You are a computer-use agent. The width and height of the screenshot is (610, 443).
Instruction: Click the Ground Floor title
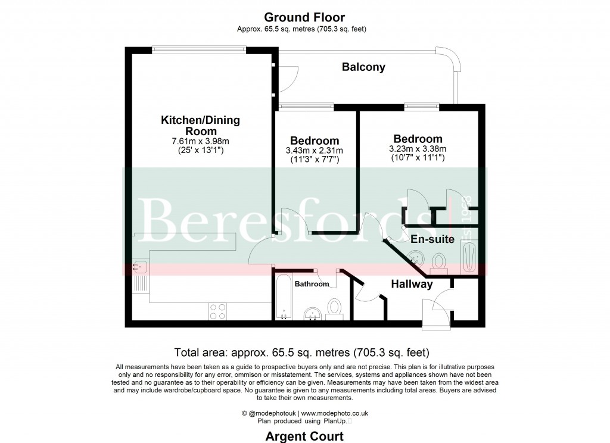point(304,17)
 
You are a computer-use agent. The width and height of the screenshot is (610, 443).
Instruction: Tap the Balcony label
point(363,67)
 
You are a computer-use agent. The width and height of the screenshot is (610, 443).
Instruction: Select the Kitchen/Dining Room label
point(200,126)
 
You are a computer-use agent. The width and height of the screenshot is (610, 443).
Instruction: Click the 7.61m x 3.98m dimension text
point(200,141)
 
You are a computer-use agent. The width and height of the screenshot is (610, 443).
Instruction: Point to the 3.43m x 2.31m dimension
point(314,151)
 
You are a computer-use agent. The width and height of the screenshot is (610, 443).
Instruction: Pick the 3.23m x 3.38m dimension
point(417,149)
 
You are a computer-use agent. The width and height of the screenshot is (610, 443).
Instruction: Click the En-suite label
point(432,239)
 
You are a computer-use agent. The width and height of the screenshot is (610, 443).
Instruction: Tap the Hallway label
point(411,285)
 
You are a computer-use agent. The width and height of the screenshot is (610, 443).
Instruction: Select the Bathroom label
point(312,284)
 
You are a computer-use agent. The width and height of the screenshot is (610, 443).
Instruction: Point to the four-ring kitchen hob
point(217,311)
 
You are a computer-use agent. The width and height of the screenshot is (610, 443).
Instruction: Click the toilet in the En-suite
point(440,261)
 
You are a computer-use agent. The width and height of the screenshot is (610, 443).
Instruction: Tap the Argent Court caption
point(304,436)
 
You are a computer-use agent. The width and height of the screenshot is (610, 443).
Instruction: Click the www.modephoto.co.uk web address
point(334,413)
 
